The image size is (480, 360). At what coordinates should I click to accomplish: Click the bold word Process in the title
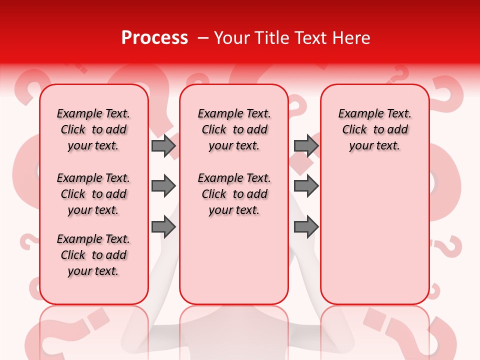[154, 38]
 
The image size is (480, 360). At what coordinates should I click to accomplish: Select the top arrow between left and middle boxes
[163, 145]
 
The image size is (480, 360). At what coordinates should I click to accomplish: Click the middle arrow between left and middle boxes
[163, 186]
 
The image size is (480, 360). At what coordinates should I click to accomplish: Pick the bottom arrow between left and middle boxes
[163, 227]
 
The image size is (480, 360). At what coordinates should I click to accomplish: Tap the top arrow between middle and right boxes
[306, 145]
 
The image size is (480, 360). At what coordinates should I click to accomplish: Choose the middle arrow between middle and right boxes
[306, 186]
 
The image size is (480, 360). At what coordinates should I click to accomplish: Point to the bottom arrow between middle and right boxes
[306, 227]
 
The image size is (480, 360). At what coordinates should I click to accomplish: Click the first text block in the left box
[93, 129]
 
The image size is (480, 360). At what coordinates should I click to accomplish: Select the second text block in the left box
[93, 194]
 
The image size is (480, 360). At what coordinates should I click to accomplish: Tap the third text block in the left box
[93, 255]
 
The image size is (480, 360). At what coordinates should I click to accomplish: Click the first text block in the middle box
[234, 129]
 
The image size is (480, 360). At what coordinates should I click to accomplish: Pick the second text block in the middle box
[234, 194]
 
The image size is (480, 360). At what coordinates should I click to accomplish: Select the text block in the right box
[374, 129]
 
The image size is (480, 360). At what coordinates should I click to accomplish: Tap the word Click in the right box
[354, 130]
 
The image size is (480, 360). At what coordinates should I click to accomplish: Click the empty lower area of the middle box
[234, 260]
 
